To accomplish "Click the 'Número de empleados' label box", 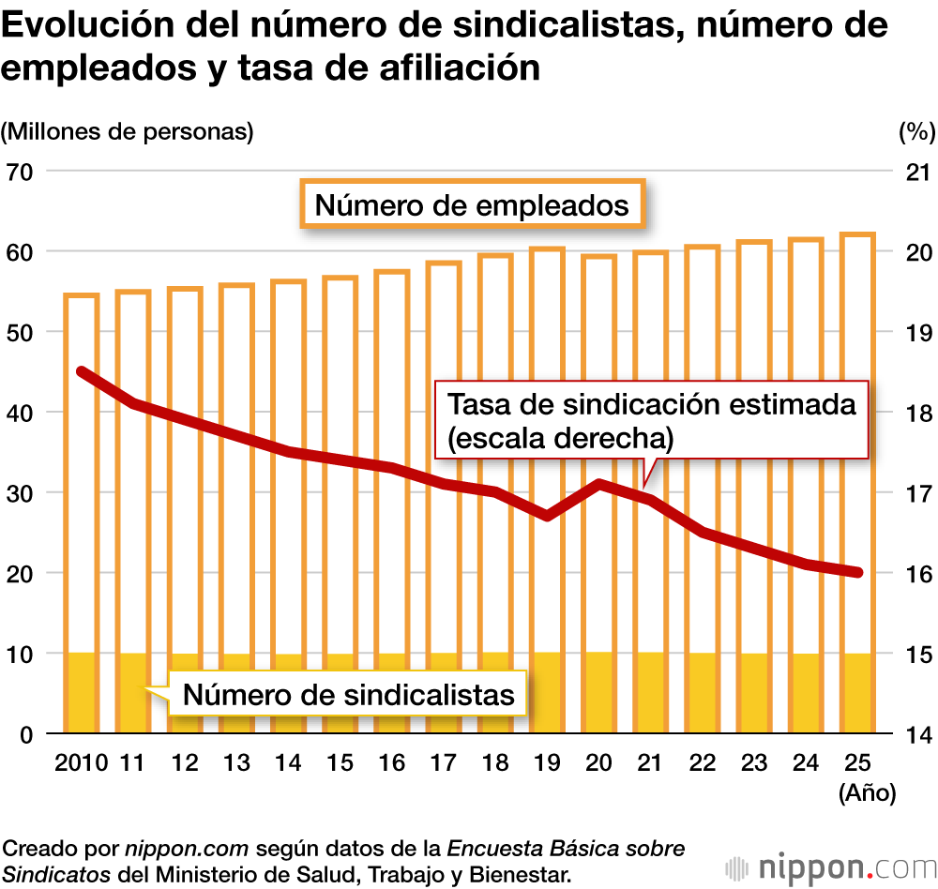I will pos(472,203).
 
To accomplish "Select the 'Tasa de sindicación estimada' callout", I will pos(652,419).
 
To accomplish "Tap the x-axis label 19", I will pos(547,762).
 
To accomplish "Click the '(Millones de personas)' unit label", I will pos(128,131).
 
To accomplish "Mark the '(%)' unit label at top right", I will pos(915,131).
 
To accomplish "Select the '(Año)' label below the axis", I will pos(868,793).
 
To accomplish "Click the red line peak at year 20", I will pos(598,485).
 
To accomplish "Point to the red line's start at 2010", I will pos(82,372).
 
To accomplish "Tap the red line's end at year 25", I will pos(857,573).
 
